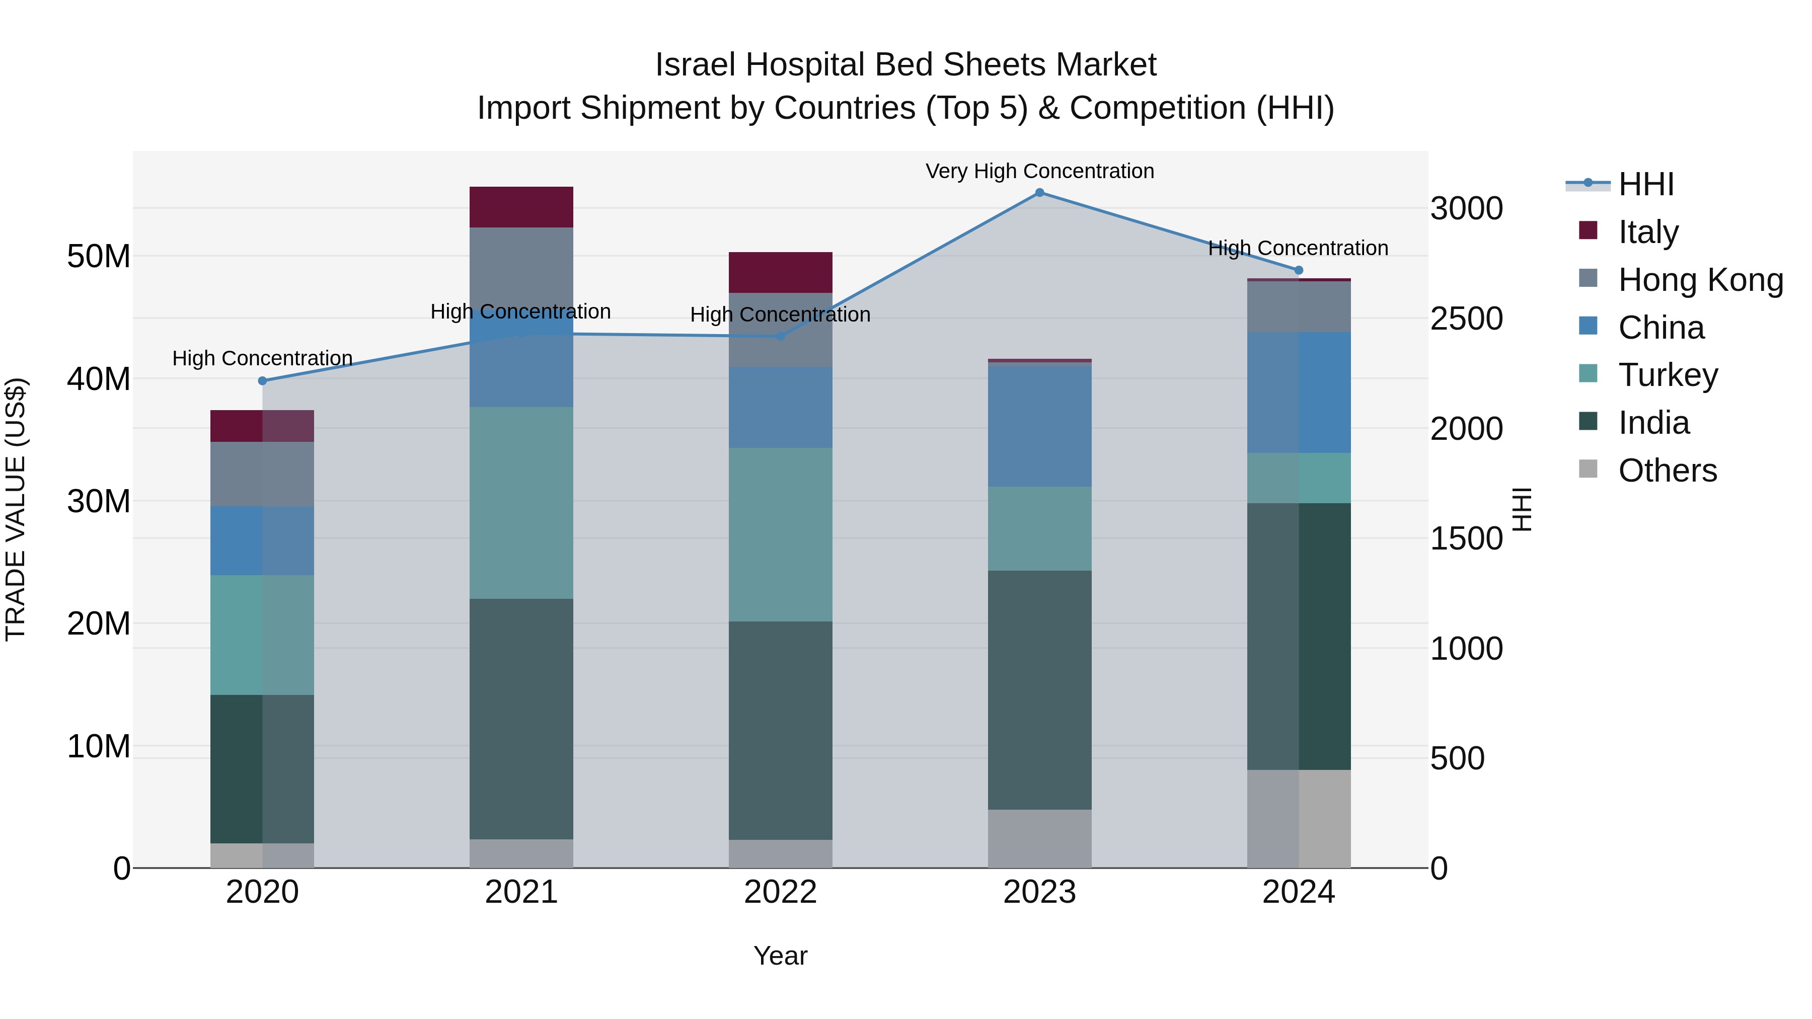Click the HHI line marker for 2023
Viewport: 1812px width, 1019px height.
pyautogui.click(x=1040, y=193)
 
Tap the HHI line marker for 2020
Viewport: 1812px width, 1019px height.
pyautogui.click(x=262, y=381)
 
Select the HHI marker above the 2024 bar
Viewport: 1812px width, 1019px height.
pyautogui.click(x=1299, y=270)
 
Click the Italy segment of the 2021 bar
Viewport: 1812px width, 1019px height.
pyautogui.click(x=521, y=207)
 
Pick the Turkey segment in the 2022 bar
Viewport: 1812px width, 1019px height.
pyautogui.click(x=780, y=534)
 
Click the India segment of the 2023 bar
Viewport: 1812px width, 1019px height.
pyautogui.click(x=1040, y=689)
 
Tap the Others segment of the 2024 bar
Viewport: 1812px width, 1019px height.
pyautogui.click(x=1299, y=819)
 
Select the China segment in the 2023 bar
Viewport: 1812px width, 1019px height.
pyautogui.click(x=1040, y=426)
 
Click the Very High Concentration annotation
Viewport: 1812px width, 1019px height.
pyautogui.click(x=1040, y=171)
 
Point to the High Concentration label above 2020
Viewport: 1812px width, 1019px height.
pyautogui.click(x=262, y=358)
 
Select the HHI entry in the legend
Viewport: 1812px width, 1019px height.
pyautogui.click(x=1645, y=184)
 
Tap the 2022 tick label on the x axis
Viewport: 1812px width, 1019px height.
pyautogui.click(x=780, y=892)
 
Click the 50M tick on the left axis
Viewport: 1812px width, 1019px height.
pyautogui.click(x=99, y=256)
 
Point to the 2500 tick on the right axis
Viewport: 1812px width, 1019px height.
pyautogui.click(x=1467, y=319)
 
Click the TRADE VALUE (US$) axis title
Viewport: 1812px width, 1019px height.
pyautogui.click(x=16, y=509)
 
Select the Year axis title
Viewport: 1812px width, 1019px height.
pyautogui.click(x=780, y=956)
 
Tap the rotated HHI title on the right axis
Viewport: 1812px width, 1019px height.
pyautogui.click(x=1522, y=509)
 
